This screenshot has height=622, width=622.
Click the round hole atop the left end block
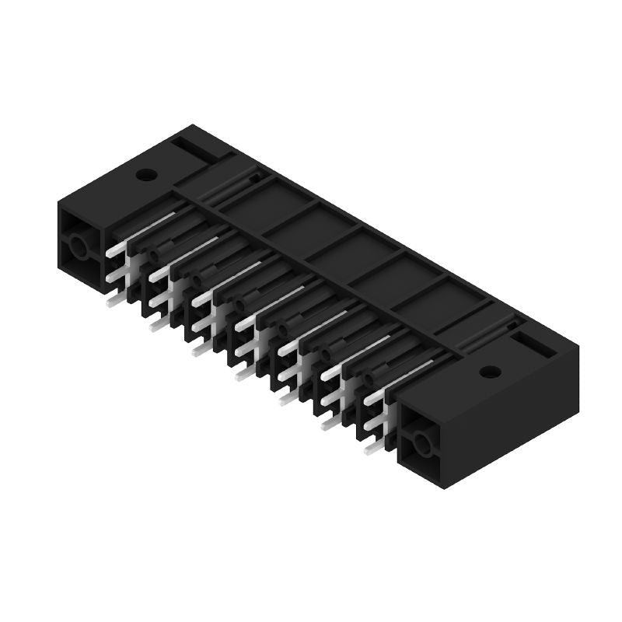145,174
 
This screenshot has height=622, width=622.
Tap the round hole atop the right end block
488,372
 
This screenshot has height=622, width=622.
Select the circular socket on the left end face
79,247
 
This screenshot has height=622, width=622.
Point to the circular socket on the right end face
422,445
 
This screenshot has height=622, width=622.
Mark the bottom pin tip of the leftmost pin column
114,300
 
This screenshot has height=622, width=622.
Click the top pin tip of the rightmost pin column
372,398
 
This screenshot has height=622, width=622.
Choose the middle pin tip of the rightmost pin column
371,425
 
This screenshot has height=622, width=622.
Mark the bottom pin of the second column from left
157,325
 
